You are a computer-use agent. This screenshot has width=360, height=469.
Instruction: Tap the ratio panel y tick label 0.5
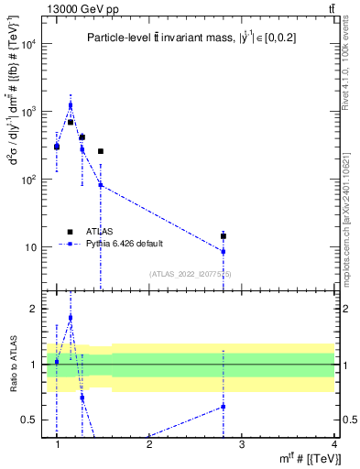[31, 420]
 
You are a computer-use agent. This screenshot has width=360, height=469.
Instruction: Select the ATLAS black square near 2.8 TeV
[224, 236]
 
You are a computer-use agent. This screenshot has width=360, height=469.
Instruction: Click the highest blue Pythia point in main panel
[71, 105]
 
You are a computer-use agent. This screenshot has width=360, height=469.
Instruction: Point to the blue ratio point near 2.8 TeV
[224, 407]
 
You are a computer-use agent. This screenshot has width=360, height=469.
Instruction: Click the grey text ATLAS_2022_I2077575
[191, 274]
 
